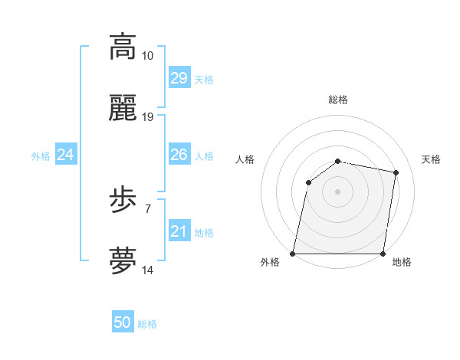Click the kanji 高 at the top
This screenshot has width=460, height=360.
[123, 47]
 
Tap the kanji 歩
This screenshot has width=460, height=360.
[123, 201]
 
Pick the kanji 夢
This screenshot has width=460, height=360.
[123, 261]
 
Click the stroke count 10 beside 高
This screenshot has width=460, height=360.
[148, 56]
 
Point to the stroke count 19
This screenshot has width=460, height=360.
[148, 117]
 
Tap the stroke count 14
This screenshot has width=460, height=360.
[148, 270]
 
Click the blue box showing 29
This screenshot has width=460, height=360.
[179, 78]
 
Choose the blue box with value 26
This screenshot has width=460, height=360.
[179, 155]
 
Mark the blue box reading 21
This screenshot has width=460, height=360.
[179, 231]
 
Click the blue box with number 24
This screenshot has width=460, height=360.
[66, 155]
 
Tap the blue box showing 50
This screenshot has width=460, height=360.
[123, 323]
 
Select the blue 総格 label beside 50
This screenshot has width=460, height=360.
[147, 324]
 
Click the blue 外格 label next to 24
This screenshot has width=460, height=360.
[41, 155]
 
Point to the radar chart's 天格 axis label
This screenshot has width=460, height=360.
[431, 159]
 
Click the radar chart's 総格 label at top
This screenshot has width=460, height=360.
[338, 100]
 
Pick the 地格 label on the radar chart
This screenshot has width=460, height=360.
[402, 262]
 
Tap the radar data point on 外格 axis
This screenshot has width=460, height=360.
[293, 254]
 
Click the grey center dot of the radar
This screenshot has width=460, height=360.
[338, 191]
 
